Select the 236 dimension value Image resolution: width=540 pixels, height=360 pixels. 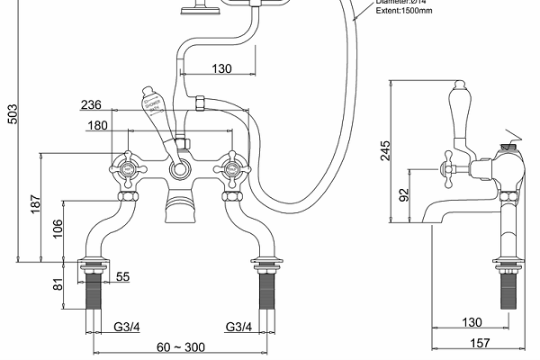116,105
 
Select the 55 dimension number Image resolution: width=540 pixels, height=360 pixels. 122,277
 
